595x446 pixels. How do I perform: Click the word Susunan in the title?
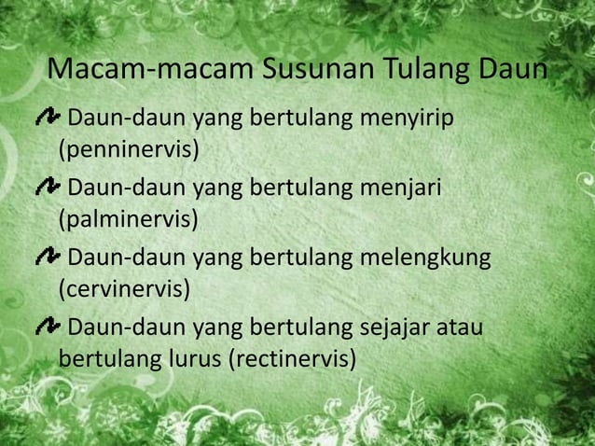point(301,71)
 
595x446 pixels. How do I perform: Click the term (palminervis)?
point(128,219)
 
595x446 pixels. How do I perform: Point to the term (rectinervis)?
point(292,357)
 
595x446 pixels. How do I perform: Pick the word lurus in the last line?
point(195,357)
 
